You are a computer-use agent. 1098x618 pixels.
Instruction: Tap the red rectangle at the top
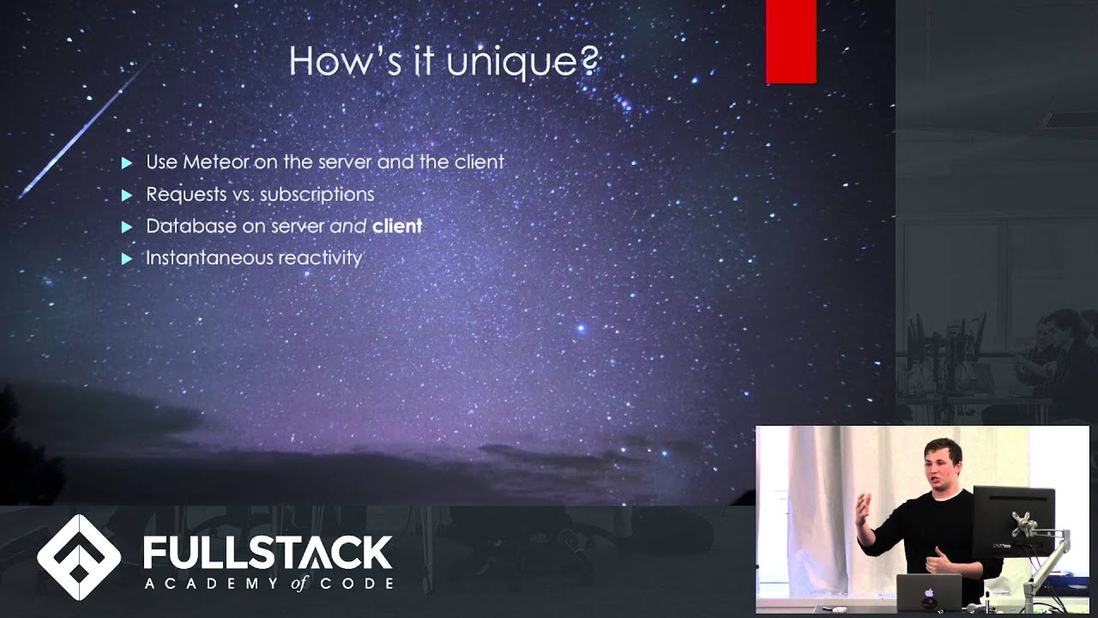click(x=790, y=41)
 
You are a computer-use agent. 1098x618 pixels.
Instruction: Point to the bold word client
click(x=396, y=227)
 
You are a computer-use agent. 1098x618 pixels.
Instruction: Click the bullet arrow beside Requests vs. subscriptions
click(x=127, y=196)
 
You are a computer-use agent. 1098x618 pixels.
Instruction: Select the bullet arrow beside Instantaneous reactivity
click(x=127, y=258)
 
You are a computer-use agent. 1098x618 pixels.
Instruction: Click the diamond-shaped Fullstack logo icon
click(x=79, y=557)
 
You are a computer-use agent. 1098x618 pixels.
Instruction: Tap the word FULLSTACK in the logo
click(x=267, y=553)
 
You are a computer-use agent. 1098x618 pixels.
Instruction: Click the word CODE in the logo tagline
click(x=359, y=584)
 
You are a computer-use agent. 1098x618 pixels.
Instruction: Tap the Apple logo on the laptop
click(x=929, y=591)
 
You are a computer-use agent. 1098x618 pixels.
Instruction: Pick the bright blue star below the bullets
click(x=581, y=328)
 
